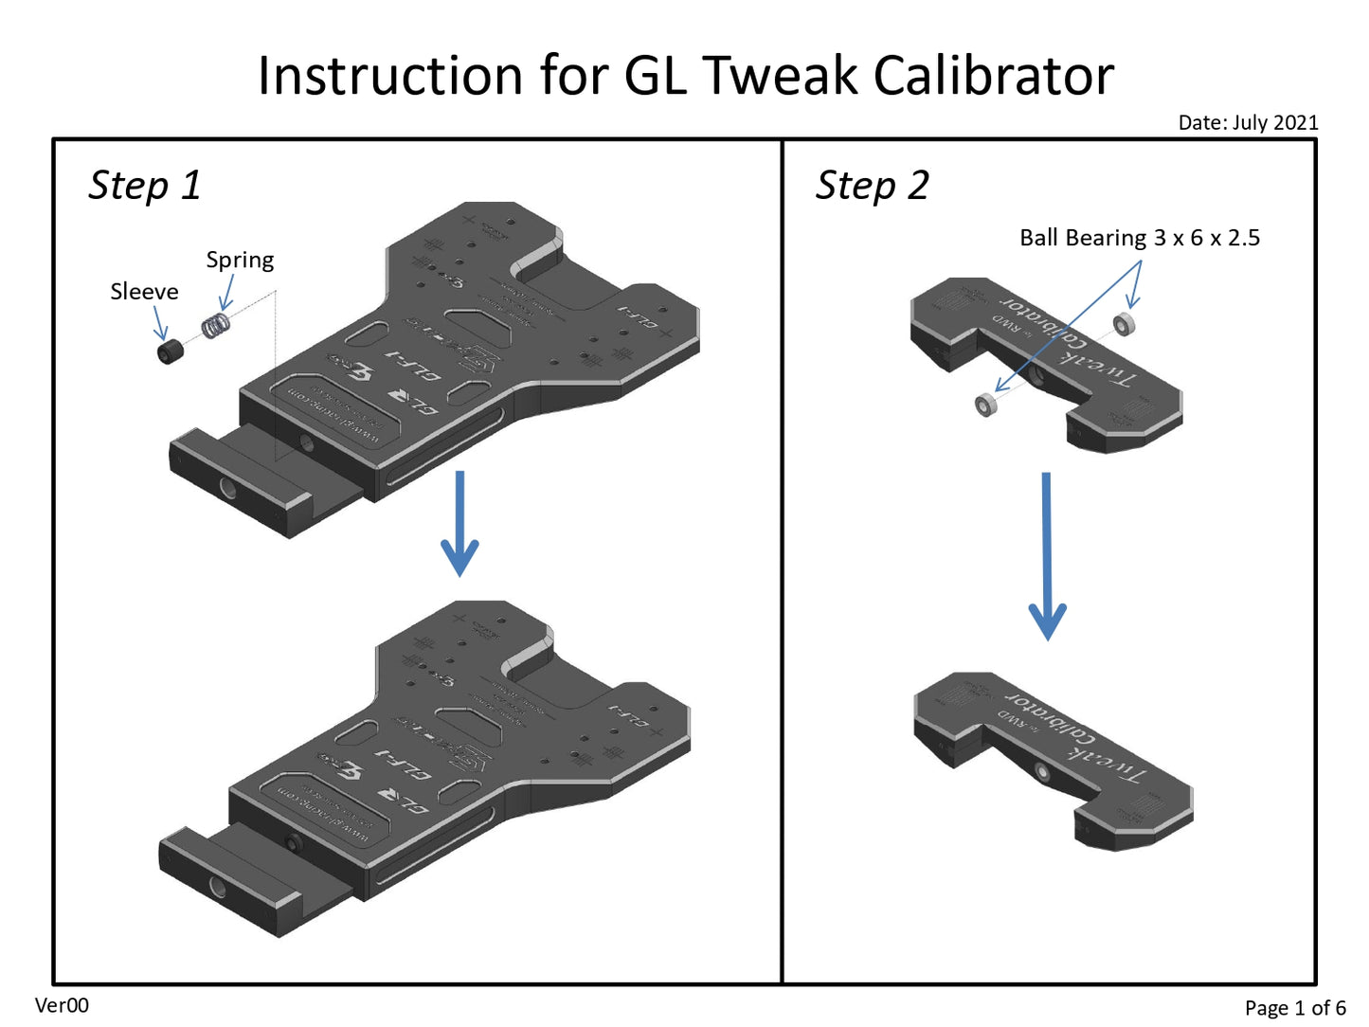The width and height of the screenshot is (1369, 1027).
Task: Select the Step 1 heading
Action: (x=144, y=186)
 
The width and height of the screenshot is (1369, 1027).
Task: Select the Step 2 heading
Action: (x=872, y=186)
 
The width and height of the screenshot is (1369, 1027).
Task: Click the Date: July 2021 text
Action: (x=1248, y=122)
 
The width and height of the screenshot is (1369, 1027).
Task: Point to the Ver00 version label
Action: (x=62, y=1005)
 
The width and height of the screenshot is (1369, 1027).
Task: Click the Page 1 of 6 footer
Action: (x=1294, y=1008)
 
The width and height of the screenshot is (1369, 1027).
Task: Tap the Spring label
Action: (x=240, y=261)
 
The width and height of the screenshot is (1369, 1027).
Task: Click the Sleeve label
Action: (x=144, y=292)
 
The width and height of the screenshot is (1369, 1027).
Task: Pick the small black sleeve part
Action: (x=170, y=352)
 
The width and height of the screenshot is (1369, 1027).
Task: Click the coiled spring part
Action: (x=216, y=326)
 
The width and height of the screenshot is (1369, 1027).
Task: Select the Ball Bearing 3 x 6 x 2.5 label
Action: (x=1139, y=238)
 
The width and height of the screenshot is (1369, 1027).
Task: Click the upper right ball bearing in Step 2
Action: (x=1124, y=325)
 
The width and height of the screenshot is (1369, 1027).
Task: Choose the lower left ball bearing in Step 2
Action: (x=985, y=405)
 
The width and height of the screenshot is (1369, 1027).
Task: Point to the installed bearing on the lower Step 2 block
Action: (x=1042, y=773)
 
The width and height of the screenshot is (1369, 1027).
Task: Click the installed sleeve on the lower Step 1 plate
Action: (x=293, y=842)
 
